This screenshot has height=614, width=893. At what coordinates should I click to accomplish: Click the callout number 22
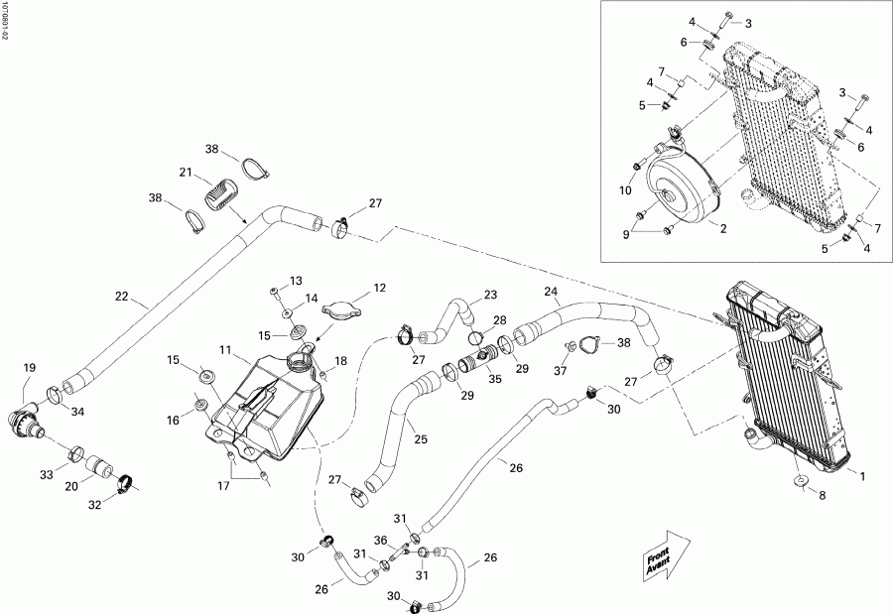(x=121, y=296)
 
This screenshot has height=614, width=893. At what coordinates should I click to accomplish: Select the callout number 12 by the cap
(x=379, y=289)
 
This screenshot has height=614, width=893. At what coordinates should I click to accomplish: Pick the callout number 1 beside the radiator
(x=862, y=477)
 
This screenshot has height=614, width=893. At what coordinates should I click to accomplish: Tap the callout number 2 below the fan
(x=723, y=228)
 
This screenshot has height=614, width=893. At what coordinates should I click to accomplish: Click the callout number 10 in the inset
(x=625, y=189)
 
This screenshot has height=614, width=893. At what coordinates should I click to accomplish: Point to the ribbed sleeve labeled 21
(x=220, y=191)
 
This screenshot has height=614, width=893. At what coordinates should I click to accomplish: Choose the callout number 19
(x=28, y=368)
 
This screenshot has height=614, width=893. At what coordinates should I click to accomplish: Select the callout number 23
(x=490, y=295)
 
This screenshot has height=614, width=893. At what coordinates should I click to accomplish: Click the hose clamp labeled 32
(x=125, y=485)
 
